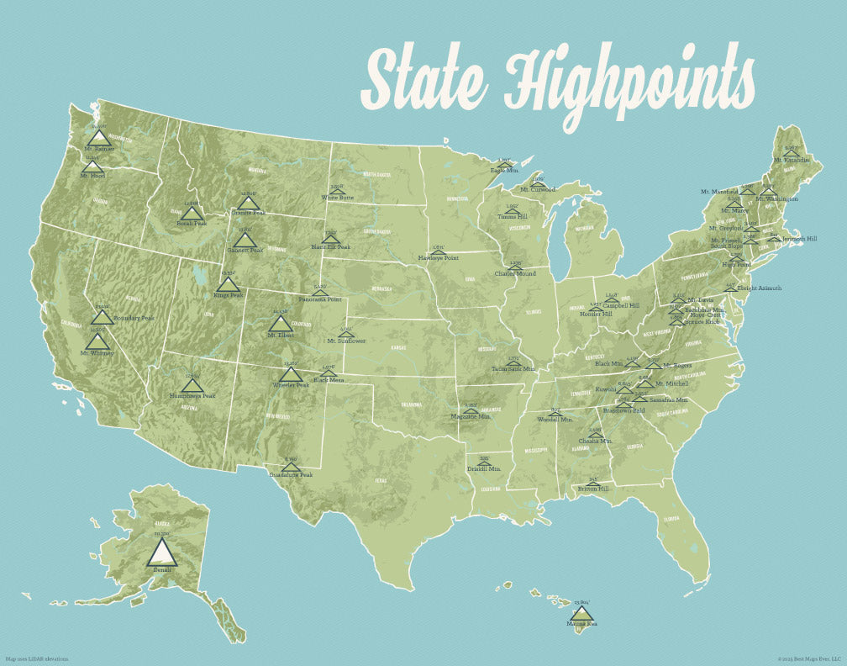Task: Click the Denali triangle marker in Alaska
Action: click(x=161, y=552)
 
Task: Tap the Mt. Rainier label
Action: click(x=99, y=149)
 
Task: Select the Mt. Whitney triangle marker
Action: click(x=97, y=341)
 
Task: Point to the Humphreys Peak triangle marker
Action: click(x=192, y=385)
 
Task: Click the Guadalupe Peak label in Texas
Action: click(x=291, y=475)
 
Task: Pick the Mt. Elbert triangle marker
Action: click(x=280, y=324)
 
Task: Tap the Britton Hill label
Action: click(x=593, y=488)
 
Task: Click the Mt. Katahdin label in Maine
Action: click(x=792, y=159)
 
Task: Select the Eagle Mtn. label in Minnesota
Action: click(x=505, y=171)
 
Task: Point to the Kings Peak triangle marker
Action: click(x=228, y=284)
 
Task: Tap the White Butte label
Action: click(x=337, y=198)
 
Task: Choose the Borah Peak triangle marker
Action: click(x=192, y=214)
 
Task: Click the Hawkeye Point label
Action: click(x=439, y=256)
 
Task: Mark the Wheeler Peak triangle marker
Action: click(x=291, y=374)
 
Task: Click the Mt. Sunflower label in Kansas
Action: click(x=346, y=341)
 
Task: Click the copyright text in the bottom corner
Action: click(x=802, y=658)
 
